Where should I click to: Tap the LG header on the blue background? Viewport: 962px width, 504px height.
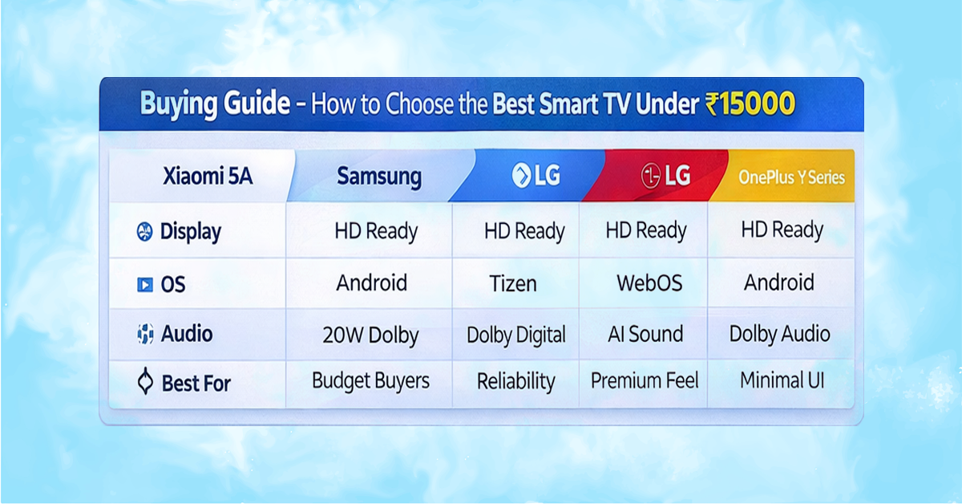[x=536, y=176]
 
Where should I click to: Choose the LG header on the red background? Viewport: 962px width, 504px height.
[x=665, y=176]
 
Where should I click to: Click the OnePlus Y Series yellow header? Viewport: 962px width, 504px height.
[x=791, y=177]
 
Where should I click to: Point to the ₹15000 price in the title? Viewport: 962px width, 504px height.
[x=750, y=104]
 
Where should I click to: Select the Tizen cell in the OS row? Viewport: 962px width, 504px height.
[x=513, y=284]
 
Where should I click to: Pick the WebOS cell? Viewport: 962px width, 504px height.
[x=649, y=283]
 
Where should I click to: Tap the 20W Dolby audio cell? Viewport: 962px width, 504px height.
[x=370, y=335]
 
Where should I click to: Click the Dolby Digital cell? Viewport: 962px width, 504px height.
[x=516, y=335]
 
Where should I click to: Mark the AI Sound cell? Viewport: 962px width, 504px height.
[x=645, y=334]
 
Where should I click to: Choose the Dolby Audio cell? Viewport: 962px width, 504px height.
[x=779, y=334]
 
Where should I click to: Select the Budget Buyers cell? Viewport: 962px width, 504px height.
[x=370, y=381]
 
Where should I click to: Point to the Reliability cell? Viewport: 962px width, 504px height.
[x=515, y=382]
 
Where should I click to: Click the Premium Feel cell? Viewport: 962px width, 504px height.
[x=645, y=381]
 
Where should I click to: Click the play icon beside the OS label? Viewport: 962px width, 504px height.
[x=144, y=284]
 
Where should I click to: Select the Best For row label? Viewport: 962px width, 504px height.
[x=196, y=384]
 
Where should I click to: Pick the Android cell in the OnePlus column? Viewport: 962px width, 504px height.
[x=778, y=282]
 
